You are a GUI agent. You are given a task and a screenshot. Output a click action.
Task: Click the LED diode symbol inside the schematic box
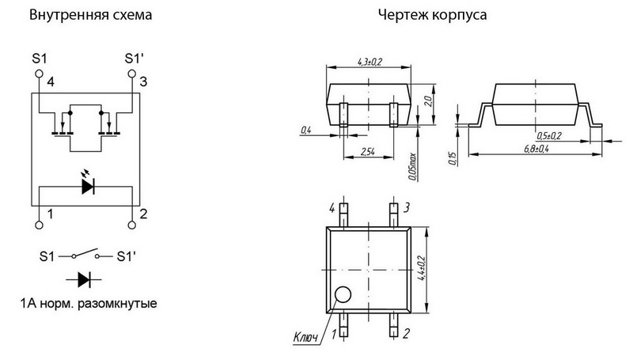[86, 187]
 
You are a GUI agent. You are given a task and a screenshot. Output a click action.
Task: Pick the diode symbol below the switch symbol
[86, 279]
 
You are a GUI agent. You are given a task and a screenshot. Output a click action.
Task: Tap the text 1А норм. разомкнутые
[86, 304]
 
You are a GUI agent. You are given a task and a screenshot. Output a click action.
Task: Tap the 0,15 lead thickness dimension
[453, 159]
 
